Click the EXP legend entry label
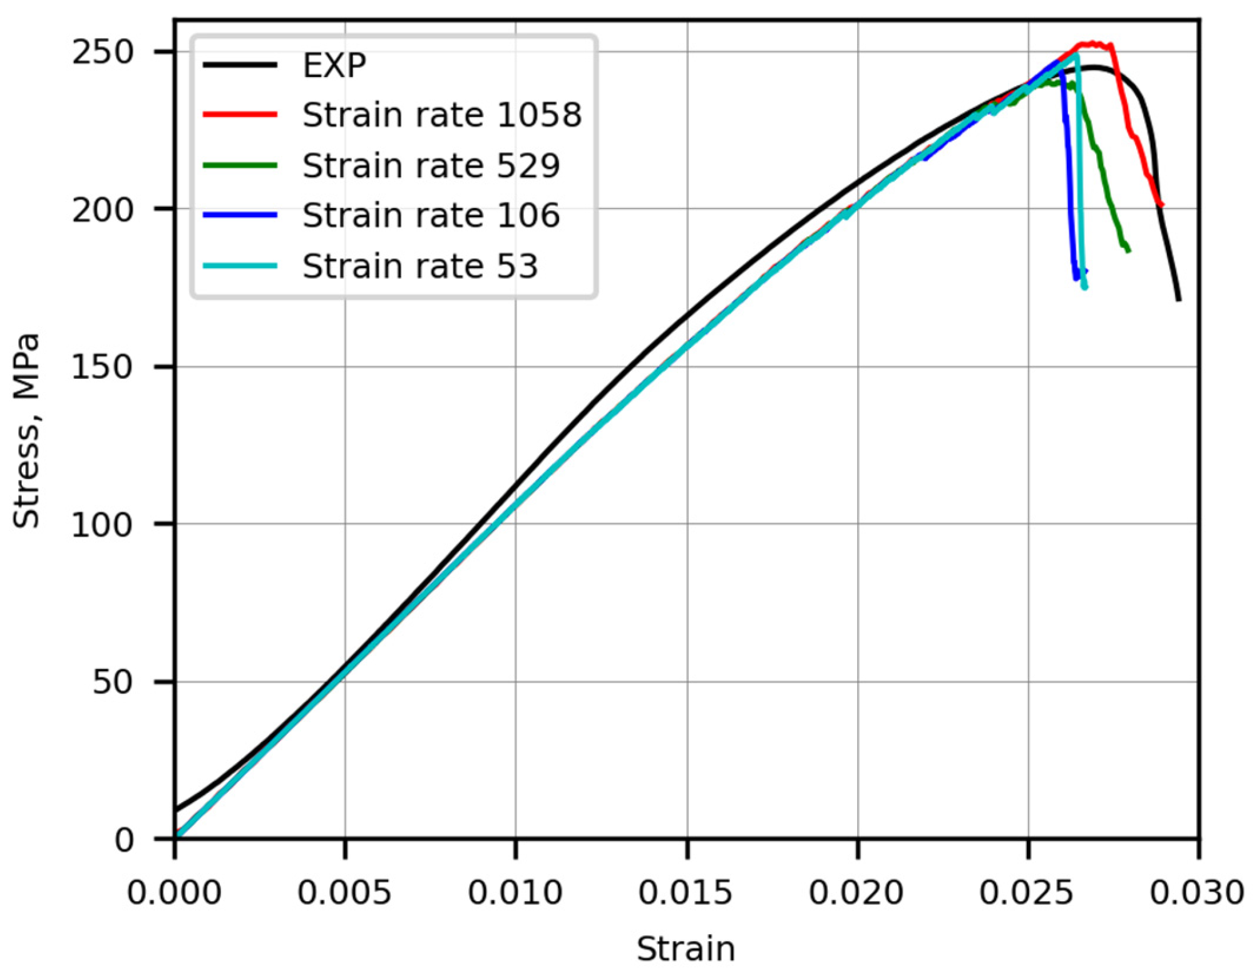[x=334, y=65]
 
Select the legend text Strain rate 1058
[x=442, y=115]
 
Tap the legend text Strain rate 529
[x=431, y=166]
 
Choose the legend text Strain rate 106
[x=431, y=215]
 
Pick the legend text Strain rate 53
[x=420, y=266]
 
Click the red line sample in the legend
[x=240, y=115]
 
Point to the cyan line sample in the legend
[x=240, y=266]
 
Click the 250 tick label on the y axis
[x=103, y=52]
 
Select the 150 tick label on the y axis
[x=103, y=367]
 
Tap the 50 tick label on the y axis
[x=113, y=682]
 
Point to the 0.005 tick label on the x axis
[x=344, y=892]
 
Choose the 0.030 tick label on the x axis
[x=1197, y=892]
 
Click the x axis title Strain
[x=686, y=949]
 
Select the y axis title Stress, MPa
[x=26, y=431]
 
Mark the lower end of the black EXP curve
[x=1179, y=299]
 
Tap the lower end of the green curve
[x=1128, y=250]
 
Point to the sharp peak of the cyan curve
[x=1076, y=55]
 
